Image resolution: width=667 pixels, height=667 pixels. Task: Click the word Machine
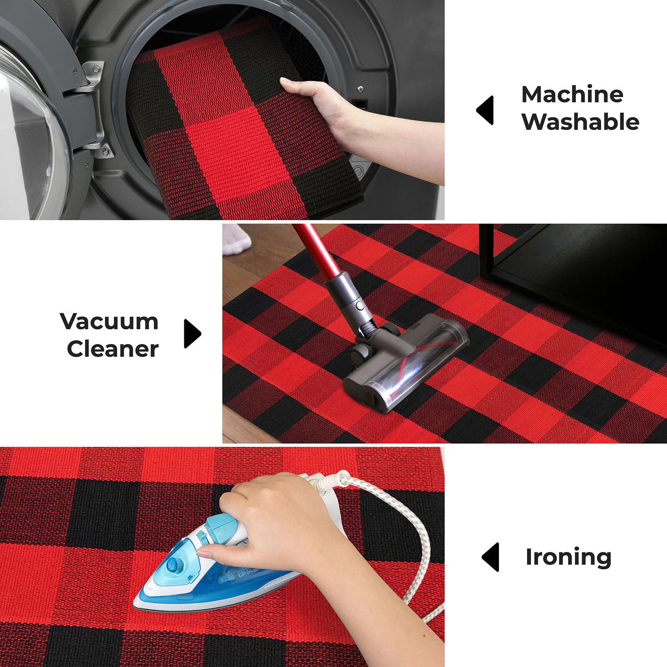[x=572, y=94]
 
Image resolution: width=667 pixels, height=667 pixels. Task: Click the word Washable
[x=580, y=122]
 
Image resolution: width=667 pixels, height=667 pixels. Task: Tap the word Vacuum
[x=109, y=321]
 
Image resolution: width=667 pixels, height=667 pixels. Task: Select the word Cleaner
[x=113, y=349]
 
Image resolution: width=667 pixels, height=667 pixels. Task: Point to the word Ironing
[x=568, y=557]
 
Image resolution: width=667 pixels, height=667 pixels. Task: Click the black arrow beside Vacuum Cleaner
[x=193, y=334]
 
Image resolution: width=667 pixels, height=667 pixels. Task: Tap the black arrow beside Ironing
[x=490, y=557]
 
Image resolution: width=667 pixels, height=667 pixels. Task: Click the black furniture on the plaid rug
[x=573, y=283]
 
